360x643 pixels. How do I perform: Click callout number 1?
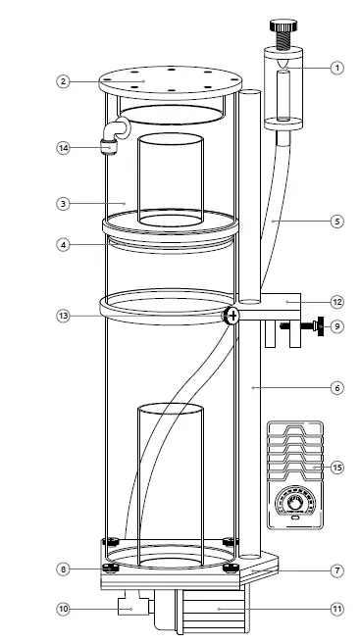336,68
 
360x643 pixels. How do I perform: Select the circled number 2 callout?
62,81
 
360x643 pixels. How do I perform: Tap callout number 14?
62,148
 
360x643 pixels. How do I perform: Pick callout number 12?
336,302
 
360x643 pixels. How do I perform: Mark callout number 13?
62,316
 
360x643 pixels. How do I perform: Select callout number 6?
336,387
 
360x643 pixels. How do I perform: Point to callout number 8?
62,569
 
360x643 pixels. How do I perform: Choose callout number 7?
336,569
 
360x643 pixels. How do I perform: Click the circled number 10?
62,609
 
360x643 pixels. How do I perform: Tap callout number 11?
336,609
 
